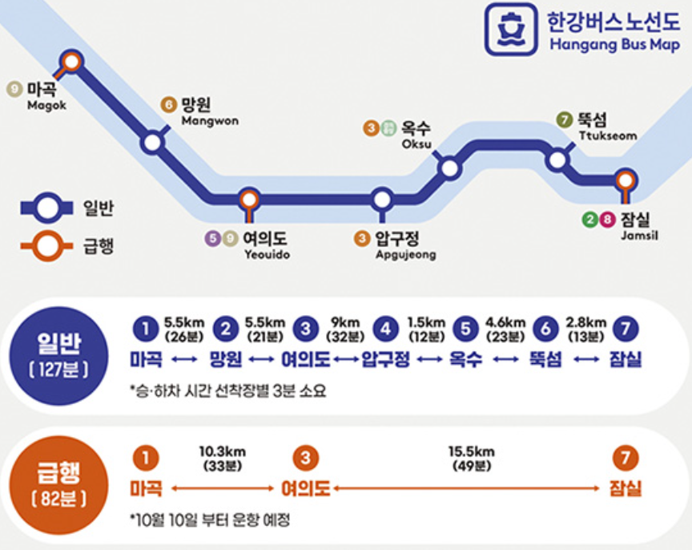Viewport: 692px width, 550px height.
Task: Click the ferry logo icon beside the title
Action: [511, 30]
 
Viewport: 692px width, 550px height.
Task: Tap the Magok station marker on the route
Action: [72, 60]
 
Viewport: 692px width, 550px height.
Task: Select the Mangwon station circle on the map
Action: [152, 143]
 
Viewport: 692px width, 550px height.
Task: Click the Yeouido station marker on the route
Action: [249, 199]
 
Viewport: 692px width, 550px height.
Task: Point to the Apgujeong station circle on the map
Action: [382, 199]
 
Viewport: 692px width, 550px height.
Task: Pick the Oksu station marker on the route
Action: [450, 168]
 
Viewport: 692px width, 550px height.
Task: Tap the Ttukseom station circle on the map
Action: [557, 160]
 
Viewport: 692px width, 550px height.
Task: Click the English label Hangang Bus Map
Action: [614, 44]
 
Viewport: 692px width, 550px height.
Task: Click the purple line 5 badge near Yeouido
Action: [212, 238]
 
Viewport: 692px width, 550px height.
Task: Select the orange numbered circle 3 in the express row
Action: [305, 459]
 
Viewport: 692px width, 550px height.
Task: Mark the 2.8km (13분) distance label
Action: [584, 329]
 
